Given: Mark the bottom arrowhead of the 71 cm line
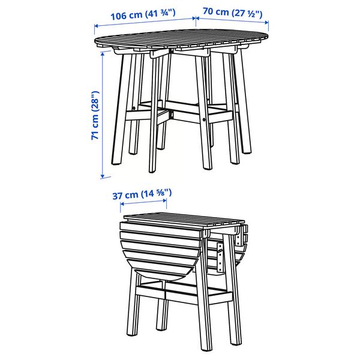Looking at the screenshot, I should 103,176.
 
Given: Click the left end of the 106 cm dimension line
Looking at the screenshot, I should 95,25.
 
